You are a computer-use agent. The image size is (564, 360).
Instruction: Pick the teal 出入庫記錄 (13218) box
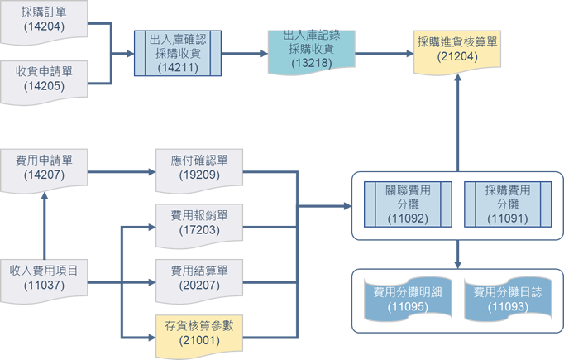(311, 50)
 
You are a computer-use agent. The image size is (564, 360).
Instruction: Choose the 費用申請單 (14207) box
(44, 166)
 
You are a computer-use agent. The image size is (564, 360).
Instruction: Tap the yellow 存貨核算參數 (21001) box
(198, 333)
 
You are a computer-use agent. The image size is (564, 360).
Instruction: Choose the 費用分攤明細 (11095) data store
(408, 300)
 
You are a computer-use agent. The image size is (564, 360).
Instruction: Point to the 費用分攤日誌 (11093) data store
(507, 300)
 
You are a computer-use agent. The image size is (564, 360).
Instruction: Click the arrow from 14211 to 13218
(245, 54)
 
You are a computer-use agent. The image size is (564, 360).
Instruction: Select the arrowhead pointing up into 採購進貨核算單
(457, 76)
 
